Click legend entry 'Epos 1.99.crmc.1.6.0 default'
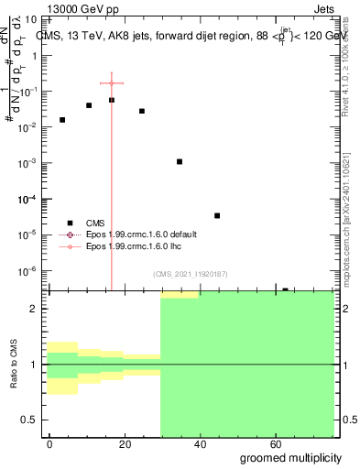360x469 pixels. click(x=141, y=234)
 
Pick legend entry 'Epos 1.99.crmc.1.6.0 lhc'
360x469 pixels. click(x=134, y=246)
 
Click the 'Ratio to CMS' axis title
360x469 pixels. click(x=15, y=365)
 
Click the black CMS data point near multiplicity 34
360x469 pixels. click(x=180, y=161)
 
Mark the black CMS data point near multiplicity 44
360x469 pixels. click(x=217, y=215)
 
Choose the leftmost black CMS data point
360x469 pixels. click(x=62, y=120)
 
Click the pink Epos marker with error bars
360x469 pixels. click(x=112, y=83)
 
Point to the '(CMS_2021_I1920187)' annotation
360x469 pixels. click(x=190, y=274)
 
